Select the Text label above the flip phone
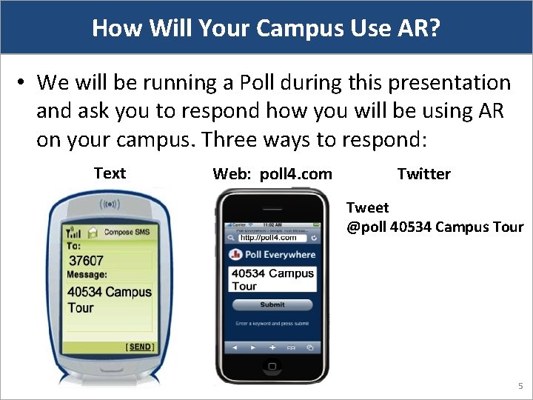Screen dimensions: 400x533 [x=110, y=173]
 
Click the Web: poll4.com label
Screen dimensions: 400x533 [x=272, y=174]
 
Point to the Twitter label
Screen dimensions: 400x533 [x=423, y=174]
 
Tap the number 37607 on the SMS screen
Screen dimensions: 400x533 [x=86, y=261]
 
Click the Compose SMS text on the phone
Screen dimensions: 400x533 [x=129, y=232]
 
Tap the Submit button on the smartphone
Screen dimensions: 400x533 [x=272, y=304]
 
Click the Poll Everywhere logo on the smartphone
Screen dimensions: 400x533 [x=272, y=255]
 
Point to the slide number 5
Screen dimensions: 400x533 [x=520, y=386]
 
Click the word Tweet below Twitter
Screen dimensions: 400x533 [x=367, y=208]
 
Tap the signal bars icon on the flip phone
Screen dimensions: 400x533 [x=74, y=232]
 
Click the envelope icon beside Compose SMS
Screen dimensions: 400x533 [x=93, y=231]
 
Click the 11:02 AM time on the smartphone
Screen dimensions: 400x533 [x=272, y=224]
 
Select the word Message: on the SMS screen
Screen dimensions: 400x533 [x=87, y=275]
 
